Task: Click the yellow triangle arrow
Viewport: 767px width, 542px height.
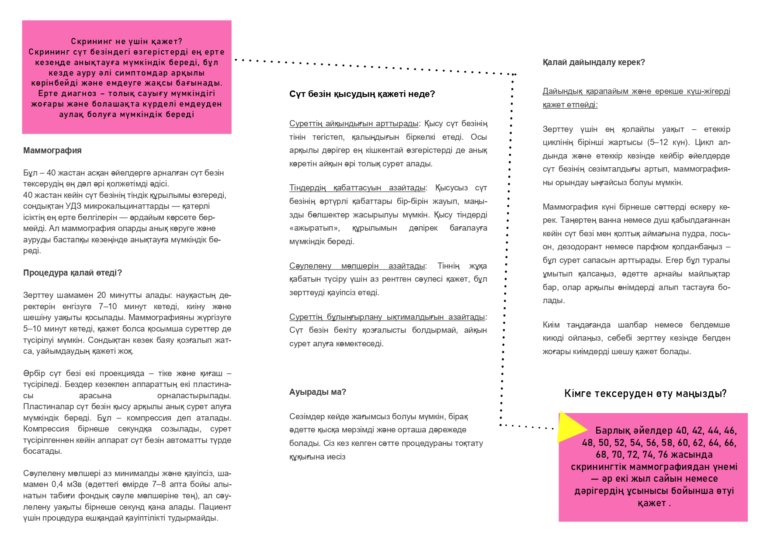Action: click(570, 428)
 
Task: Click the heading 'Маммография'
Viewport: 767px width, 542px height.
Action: click(52, 151)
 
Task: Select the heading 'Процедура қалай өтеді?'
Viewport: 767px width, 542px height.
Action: click(73, 273)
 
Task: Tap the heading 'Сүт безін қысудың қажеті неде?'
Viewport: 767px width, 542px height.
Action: click(362, 94)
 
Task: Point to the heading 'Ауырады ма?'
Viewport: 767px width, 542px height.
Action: click(318, 392)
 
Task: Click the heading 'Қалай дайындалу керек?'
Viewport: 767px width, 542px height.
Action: click(593, 62)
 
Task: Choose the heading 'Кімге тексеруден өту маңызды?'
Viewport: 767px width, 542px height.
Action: click(645, 394)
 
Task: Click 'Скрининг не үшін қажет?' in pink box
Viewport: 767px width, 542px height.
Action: click(126, 42)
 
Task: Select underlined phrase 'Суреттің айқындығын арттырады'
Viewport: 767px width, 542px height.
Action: click(354, 124)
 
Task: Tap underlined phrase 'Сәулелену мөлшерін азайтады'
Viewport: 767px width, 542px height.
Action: click(357, 266)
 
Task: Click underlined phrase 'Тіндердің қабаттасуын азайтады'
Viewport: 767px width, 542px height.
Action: click(357, 188)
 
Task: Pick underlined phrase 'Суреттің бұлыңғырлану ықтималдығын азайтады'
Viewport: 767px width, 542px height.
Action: click(387, 317)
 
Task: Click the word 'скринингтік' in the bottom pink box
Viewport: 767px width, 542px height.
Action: click(598, 467)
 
